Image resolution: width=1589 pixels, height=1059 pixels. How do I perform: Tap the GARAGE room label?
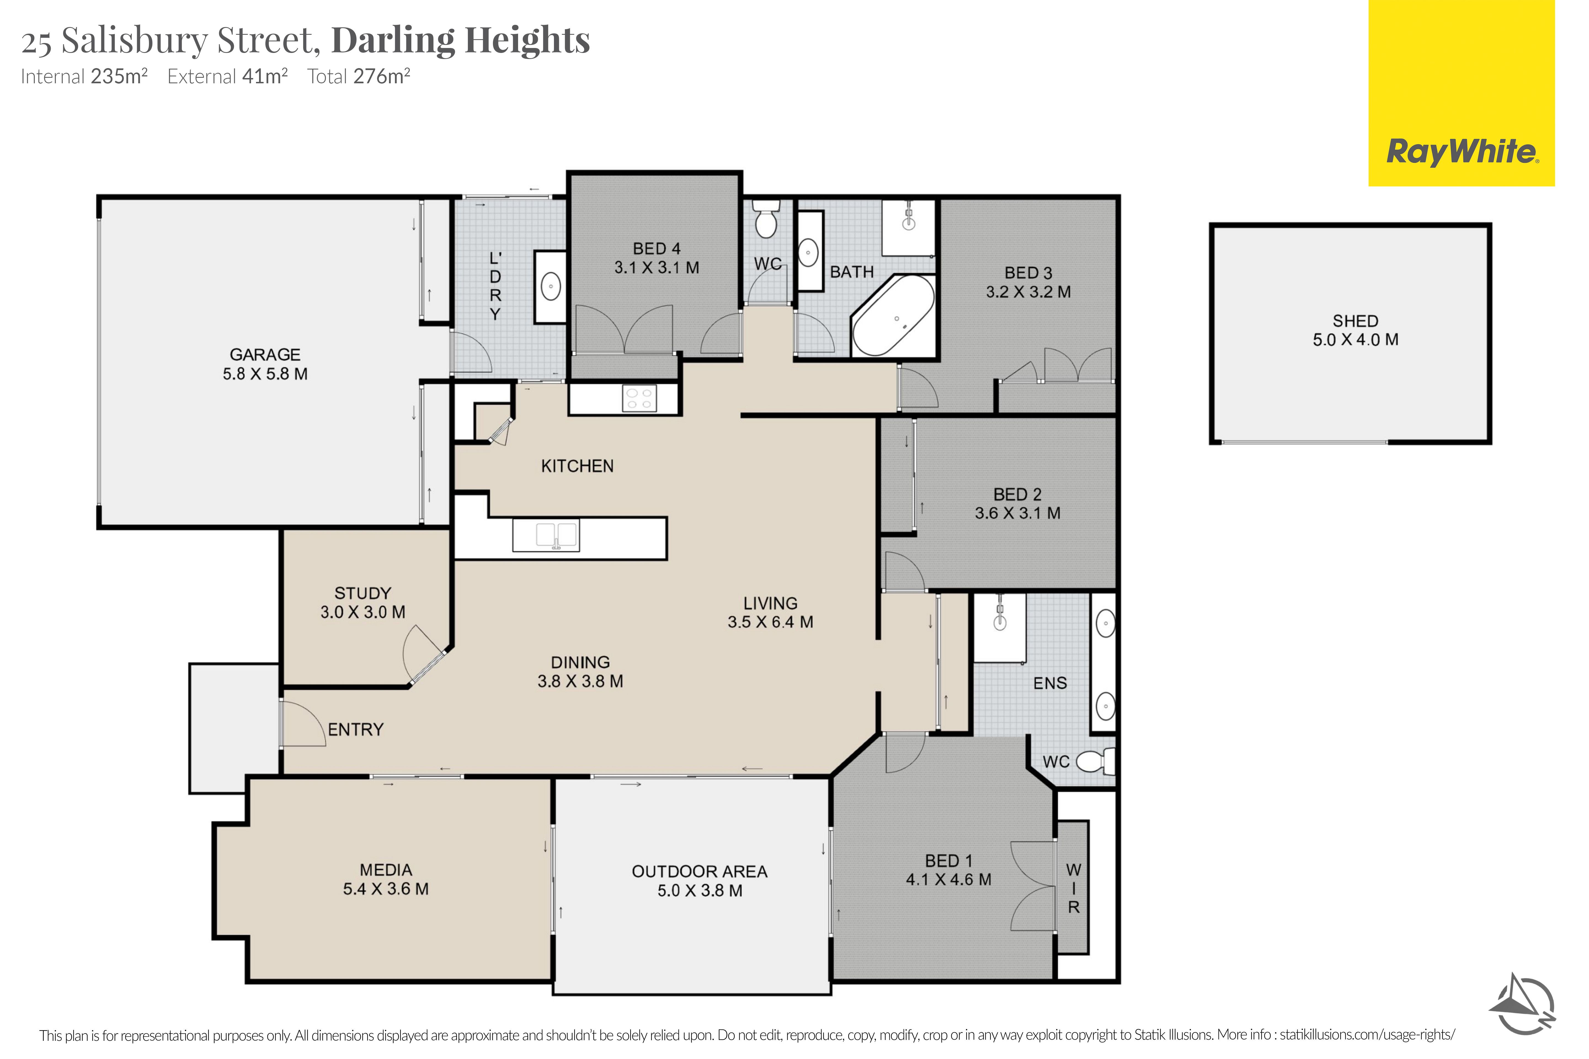click(x=265, y=355)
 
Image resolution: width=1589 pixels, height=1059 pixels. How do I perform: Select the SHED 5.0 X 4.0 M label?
click(x=1355, y=330)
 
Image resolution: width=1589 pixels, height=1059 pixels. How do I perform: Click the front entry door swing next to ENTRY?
click(x=303, y=723)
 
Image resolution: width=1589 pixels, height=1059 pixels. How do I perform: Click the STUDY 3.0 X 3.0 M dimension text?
click(x=363, y=612)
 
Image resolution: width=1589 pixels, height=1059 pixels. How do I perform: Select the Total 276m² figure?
click(x=359, y=76)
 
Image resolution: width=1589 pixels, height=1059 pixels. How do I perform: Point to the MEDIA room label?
click(x=386, y=870)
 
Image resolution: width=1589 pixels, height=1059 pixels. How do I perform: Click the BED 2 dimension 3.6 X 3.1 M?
click(x=1017, y=513)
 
